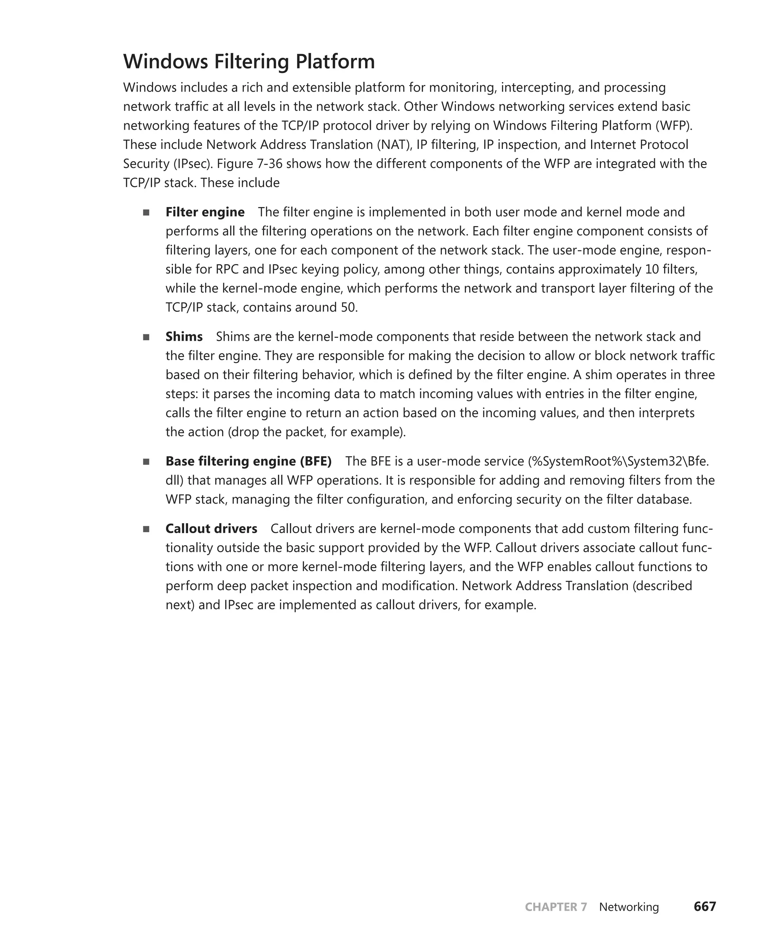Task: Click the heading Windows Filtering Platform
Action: pos(249,62)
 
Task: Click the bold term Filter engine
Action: pos(205,212)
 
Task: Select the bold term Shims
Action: pos(184,337)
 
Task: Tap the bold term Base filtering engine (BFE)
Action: pos(248,461)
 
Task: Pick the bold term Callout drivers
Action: pos(211,529)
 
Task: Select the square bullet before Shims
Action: pos(146,337)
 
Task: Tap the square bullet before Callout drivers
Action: pos(146,529)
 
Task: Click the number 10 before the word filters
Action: pos(651,269)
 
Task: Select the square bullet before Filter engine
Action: pos(146,212)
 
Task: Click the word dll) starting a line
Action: pos(174,481)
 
